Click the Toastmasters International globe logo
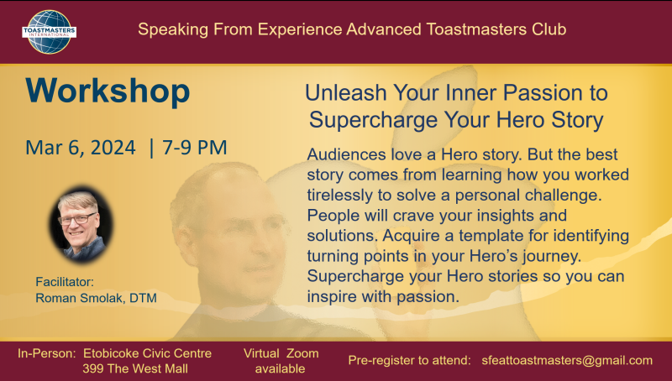(x=49, y=32)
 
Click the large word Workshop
(x=108, y=91)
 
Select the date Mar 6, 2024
(x=81, y=148)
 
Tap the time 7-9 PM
(x=194, y=147)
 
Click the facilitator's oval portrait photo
(x=81, y=224)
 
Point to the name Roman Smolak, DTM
(x=96, y=298)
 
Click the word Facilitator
(x=65, y=282)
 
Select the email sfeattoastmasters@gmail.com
(x=567, y=361)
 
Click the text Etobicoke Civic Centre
(x=148, y=353)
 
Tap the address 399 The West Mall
(x=135, y=368)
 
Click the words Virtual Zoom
(x=281, y=353)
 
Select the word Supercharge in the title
(x=373, y=119)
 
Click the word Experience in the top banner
(x=300, y=29)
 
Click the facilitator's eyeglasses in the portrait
(x=77, y=219)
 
